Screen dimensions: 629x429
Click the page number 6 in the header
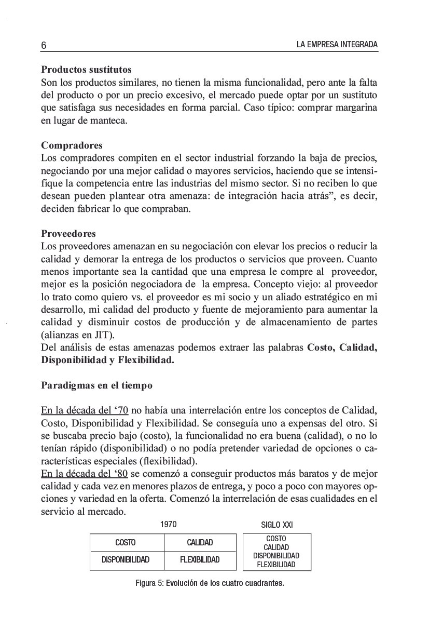[x=44, y=46]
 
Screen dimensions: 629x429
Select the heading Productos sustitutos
[x=86, y=69]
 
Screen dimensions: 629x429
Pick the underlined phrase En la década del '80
[x=85, y=474]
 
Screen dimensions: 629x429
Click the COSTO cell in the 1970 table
[x=126, y=543]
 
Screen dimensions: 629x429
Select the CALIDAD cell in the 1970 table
[x=200, y=543]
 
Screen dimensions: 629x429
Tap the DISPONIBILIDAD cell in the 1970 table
[x=126, y=559]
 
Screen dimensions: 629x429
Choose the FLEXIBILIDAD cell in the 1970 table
[x=200, y=559]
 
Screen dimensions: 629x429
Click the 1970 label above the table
[x=169, y=525]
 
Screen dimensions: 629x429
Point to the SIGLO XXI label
[x=276, y=525]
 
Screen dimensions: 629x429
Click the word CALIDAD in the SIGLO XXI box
[x=276, y=547]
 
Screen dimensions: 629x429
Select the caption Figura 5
[x=210, y=583]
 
